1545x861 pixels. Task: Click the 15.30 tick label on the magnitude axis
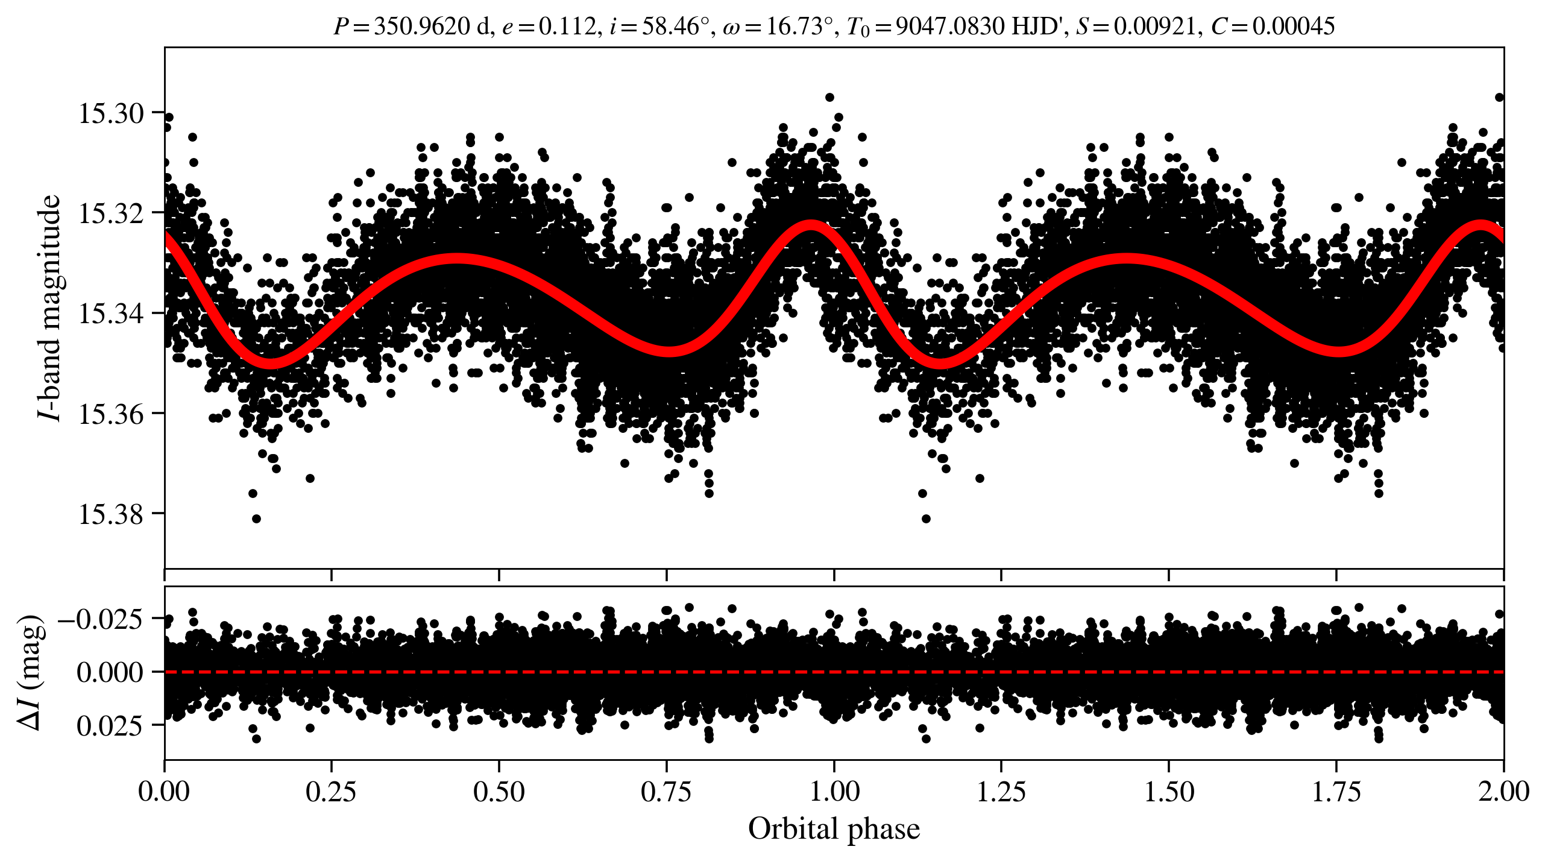[x=112, y=113]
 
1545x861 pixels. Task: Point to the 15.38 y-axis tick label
[x=112, y=515]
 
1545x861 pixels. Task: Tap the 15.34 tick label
[x=112, y=314]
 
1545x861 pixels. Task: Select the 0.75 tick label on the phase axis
[x=666, y=792]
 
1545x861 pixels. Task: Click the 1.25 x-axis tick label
[x=1001, y=792]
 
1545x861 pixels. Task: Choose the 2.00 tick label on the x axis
[x=1503, y=792]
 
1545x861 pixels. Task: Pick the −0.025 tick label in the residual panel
[x=101, y=619]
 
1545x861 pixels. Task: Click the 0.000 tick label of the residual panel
[x=110, y=672]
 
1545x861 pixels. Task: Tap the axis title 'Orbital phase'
[x=834, y=829]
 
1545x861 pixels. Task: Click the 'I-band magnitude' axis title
[x=49, y=307]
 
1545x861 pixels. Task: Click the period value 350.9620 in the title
[x=421, y=27]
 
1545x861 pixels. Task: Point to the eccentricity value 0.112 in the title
[x=566, y=27]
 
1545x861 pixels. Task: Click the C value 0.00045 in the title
[x=1294, y=27]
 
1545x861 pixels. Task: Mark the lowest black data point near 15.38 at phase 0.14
[x=256, y=519]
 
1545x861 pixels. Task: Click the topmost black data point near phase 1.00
[x=829, y=97]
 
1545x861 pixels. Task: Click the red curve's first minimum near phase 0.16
[x=271, y=362]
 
